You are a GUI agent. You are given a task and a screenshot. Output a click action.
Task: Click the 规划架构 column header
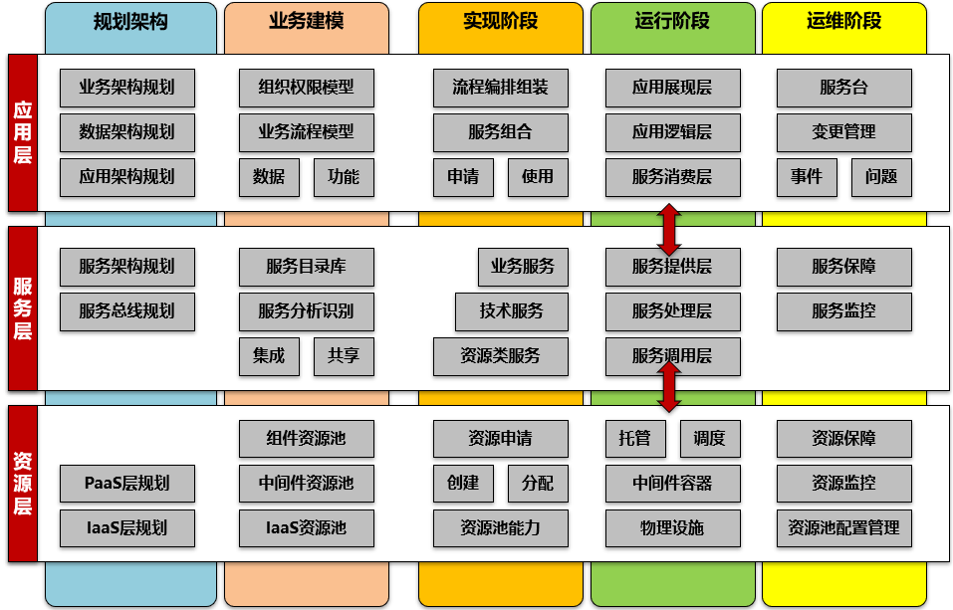click(130, 22)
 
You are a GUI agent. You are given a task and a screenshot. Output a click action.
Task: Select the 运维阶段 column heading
click(843, 22)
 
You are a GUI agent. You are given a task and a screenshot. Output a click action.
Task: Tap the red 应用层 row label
click(22, 132)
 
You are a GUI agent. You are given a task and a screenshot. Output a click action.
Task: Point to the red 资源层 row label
click(22, 483)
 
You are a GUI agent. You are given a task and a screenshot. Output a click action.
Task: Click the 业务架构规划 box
click(126, 88)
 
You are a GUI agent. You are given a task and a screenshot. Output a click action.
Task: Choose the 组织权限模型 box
click(306, 88)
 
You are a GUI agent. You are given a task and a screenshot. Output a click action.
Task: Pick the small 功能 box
click(344, 177)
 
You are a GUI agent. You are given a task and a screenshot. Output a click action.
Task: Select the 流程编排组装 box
click(500, 88)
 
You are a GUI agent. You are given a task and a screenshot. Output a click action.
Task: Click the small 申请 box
click(463, 177)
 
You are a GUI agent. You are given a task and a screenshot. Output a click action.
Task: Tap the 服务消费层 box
click(672, 177)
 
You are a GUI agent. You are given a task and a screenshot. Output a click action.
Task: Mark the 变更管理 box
click(843, 132)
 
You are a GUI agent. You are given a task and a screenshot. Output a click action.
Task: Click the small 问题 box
click(881, 177)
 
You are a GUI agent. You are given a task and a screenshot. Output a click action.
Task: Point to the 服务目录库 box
click(306, 267)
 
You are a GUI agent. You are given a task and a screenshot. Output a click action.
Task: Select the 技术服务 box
click(511, 311)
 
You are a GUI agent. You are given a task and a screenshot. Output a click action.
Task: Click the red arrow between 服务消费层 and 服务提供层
click(669, 229)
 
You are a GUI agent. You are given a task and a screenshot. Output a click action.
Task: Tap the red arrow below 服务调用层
click(669, 386)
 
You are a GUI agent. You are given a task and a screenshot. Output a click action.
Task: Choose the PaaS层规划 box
click(126, 484)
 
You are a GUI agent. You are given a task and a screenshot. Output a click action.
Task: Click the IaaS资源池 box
click(306, 528)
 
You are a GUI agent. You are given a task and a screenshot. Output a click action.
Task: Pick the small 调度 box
click(710, 439)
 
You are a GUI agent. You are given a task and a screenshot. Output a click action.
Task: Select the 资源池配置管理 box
click(843, 528)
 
